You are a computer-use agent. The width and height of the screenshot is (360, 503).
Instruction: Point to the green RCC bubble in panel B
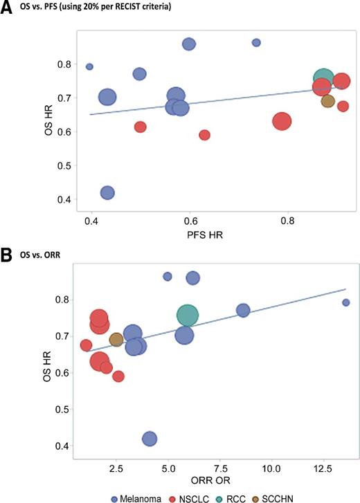[187, 315]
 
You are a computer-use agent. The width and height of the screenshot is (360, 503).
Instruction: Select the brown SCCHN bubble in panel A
[327, 101]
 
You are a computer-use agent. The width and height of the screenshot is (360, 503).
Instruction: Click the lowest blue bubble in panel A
[107, 193]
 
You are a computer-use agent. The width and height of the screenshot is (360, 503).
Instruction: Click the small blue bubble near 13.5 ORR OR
[346, 302]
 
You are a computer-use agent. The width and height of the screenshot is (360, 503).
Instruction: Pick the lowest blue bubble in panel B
[149, 439]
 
